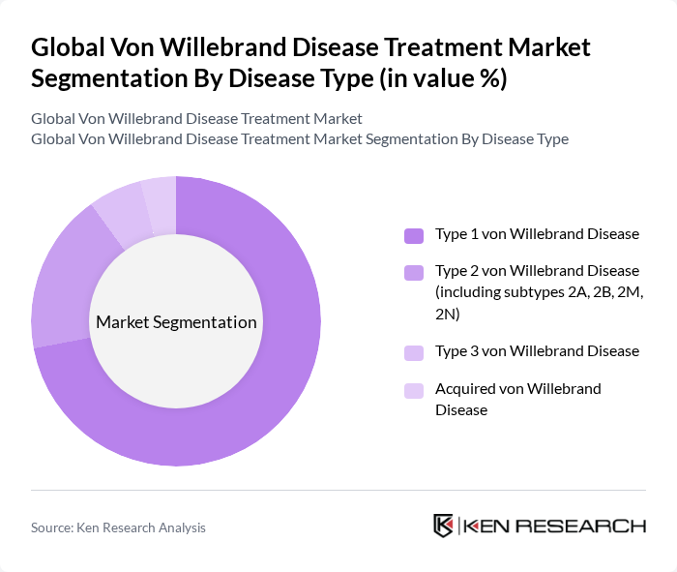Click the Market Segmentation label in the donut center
coord(176,322)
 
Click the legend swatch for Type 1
coord(414,235)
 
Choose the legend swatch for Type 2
coord(414,272)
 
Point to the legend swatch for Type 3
coord(414,352)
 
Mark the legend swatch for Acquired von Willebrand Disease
coord(414,390)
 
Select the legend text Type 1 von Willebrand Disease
coord(537,234)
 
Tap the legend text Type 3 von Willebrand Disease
coord(537,351)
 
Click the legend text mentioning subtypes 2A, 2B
coord(539,291)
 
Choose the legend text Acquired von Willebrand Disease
coord(517,399)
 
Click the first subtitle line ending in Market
coord(196,118)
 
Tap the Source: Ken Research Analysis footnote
coord(118,527)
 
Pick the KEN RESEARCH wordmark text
coord(554,527)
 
